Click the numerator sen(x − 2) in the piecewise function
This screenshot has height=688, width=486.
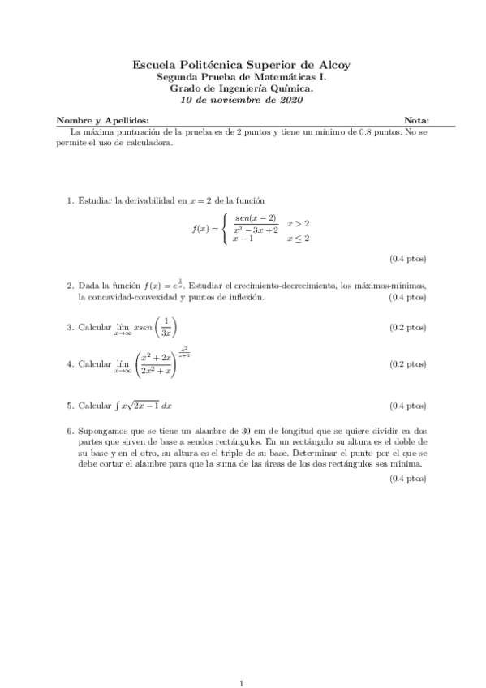[255, 218]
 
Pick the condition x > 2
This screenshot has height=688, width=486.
[298, 223]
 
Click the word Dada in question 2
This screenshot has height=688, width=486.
[88, 286]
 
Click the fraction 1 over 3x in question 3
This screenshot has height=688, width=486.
[165, 327]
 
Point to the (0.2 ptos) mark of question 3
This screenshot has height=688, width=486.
[407, 327]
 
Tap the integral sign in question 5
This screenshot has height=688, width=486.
[114, 405]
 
